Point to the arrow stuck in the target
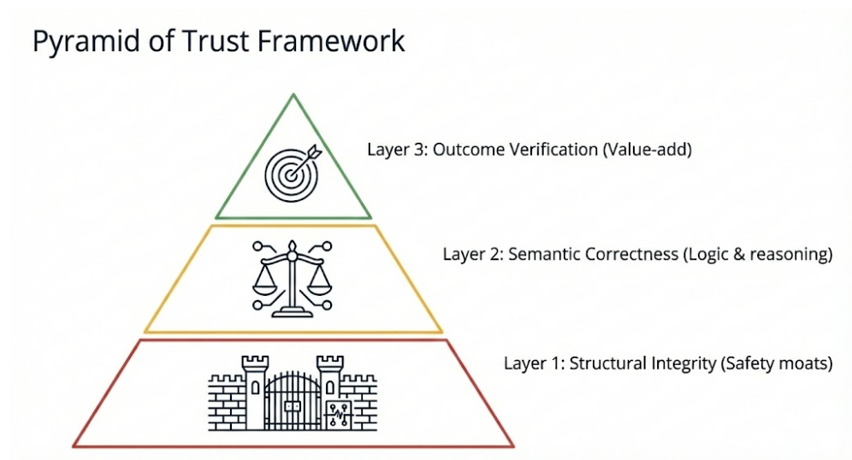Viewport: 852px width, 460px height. (307, 155)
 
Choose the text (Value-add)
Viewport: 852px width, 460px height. (647, 150)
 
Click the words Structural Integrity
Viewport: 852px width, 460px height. (642, 363)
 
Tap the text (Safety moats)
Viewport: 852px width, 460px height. (777, 363)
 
